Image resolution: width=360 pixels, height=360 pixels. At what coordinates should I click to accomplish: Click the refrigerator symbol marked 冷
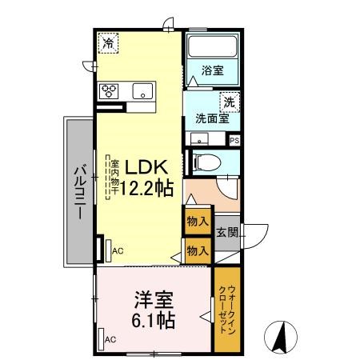[x=108, y=42]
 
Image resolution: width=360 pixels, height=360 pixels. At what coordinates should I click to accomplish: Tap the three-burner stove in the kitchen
[x=109, y=91]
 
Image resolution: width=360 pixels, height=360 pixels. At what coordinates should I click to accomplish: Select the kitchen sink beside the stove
[x=143, y=91]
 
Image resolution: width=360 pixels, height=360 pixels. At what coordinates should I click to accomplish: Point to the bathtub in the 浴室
[x=213, y=46]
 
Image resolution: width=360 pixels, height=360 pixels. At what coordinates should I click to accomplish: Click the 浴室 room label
[x=213, y=70]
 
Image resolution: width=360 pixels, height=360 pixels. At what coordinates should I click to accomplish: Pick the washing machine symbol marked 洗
[x=230, y=102]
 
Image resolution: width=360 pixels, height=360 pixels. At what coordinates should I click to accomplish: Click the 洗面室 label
[x=212, y=118]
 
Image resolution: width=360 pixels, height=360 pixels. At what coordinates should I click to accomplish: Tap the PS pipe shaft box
[x=234, y=140]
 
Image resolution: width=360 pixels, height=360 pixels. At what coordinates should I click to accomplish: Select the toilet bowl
[x=207, y=162]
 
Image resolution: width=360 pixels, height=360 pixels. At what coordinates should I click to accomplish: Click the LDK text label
[x=146, y=167]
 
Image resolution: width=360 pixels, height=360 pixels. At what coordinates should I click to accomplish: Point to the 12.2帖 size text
[x=147, y=188]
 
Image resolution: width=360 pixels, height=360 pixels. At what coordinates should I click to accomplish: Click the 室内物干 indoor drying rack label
[x=115, y=178]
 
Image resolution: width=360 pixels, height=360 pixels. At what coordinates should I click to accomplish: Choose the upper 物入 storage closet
[x=198, y=221]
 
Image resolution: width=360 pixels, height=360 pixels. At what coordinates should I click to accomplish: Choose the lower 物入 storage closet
[x=198, y=250]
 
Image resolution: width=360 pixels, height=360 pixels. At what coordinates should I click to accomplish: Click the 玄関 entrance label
[x=227, y=233]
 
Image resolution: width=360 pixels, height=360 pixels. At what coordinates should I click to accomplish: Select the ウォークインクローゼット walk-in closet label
[x=227, y=310]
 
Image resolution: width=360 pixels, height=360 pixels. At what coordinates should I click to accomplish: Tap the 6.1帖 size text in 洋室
[x=154, y=320]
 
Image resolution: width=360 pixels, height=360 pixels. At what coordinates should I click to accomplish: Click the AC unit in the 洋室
[x=101, y=339]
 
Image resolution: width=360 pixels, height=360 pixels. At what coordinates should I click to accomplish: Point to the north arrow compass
[x=281, y=338]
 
